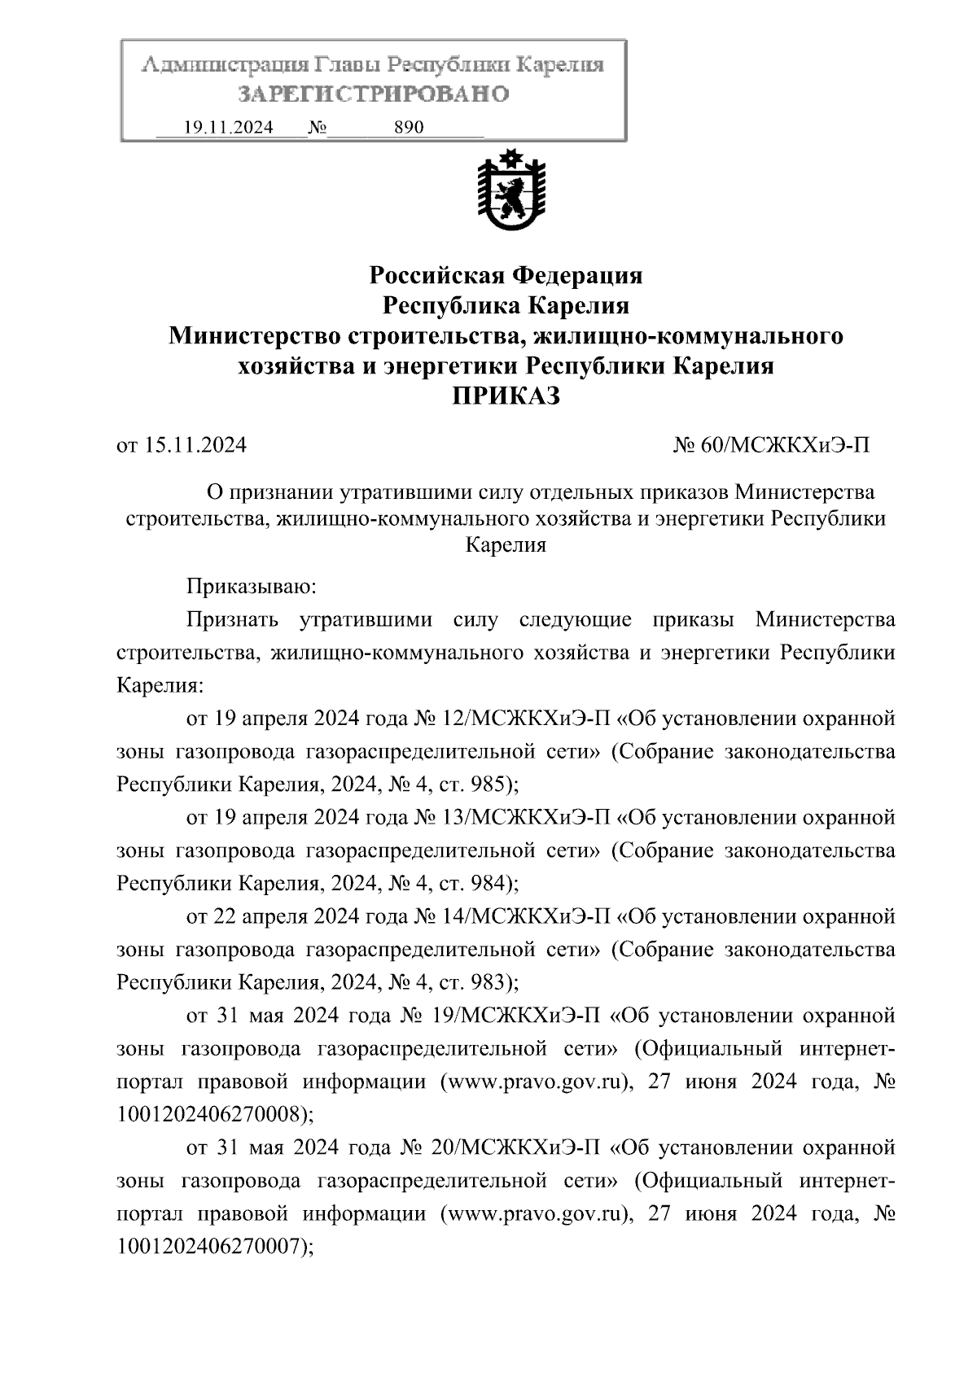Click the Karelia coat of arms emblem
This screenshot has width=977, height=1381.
pyautogui.click(x=510, y=191)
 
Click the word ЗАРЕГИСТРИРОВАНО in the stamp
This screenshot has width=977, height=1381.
pyautogui.click(x=374, y=94)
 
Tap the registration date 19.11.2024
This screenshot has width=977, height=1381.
pyautogui.click(x=229, y=128)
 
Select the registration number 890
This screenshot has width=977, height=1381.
pyautogui.click(x=409, y=128)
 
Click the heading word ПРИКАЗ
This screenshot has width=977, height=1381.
pyautogui.click(x=506, y=396)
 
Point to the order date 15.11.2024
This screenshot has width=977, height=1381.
pyautogui.click(x=195, y=445)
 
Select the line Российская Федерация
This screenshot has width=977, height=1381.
pyautogui.click(x=506, y=275)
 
